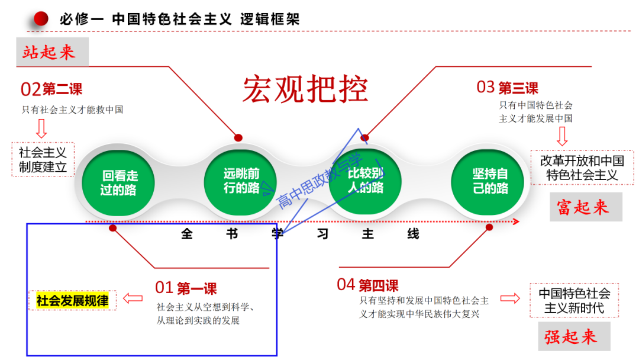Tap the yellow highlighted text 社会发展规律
pos(72,300)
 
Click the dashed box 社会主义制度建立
pos(43,159)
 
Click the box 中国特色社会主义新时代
pos(574,300)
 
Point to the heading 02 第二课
pos(51,89)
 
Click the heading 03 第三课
pos(508,88)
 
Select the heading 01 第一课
pos(186,288)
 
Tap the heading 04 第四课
pos(367,285)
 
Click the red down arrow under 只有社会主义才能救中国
pos(41,128)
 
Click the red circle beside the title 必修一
pos(41,19)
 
